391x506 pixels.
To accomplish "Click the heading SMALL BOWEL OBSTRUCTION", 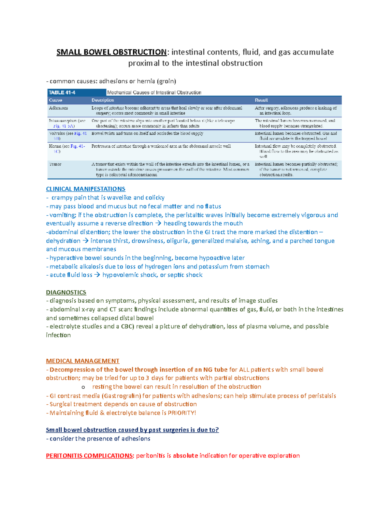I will click(111, 52).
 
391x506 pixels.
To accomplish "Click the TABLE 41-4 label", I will click(62, 93).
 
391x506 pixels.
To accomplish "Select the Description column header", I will click(103, 100).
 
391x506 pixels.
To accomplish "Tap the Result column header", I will click(261, 100).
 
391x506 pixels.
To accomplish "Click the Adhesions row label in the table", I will click(58, 108).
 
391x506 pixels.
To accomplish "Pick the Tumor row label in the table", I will click(55, 164).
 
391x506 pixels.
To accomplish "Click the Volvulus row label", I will click(57, 133).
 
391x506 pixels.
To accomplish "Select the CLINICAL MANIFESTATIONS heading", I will click(85, 189).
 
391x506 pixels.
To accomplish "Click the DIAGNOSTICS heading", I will click(66, 292).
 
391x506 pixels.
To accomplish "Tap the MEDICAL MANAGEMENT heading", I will click(82, 361).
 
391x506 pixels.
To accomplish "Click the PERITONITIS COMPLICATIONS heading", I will click(90, 455).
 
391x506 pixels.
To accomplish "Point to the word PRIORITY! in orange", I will click(182, 413).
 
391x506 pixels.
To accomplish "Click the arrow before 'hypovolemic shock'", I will click(97, 275).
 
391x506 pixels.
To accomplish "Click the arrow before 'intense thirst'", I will click(85, 241).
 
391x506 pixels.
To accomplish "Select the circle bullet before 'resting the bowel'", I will click(83, 387).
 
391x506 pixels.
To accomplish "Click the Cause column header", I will click(55, 100).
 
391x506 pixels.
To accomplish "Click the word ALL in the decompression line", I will click(244, 369).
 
